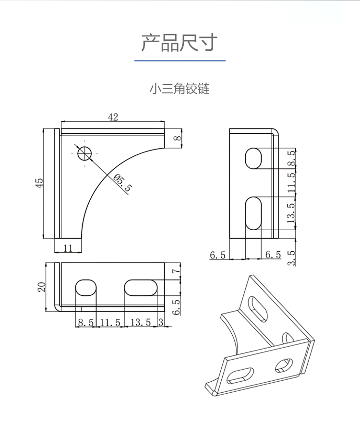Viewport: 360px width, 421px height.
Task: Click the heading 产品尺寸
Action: [180, 43]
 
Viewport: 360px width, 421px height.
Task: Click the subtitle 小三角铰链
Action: [180, 89]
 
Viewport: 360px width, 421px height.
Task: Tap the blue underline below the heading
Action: [180, 61]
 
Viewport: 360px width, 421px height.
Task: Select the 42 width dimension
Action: [113, 117]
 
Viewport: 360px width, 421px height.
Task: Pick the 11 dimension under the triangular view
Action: [67, 248]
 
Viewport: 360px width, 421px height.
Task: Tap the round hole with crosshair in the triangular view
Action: [84, 153]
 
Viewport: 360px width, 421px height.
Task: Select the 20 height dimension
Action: [42, 287]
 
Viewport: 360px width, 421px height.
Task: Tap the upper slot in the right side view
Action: [253, 158]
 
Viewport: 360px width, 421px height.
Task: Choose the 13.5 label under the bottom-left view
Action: [141, 323]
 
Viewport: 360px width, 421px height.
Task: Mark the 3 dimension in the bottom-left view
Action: [160, 323]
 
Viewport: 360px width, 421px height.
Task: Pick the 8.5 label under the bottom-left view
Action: [86, 323]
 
